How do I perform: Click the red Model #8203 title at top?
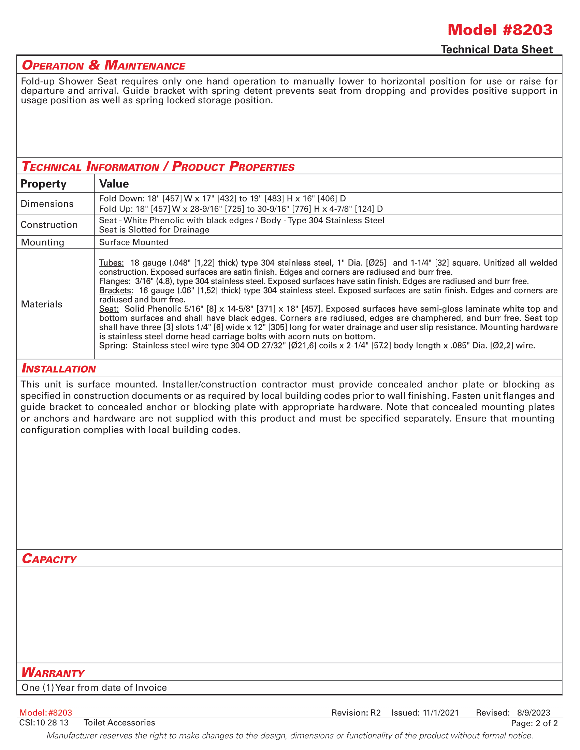(x=500, y=30)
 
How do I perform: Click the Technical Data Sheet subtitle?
(x=496, y=49)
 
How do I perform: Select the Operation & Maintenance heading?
(x=103, y=65)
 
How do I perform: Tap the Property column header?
(x=43, y=184)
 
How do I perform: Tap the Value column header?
(x=114, y=184)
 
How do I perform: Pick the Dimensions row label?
(x=47, y=204)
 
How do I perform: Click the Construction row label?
(x=49, y=225)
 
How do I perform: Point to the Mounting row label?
(x=43, y=242)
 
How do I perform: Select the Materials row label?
(x=42, y=304)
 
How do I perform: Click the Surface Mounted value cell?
(x=134, y=242)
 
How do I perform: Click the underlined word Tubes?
(x=111, y=263)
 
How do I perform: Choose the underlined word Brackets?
(x=116, y=290)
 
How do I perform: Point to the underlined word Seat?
(x=109, y=309)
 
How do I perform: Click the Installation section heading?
(x=59, y=368)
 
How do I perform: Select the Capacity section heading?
(x=49, y=559)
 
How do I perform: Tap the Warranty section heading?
(x=53, y=672)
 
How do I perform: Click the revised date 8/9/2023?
(x=534, y=713)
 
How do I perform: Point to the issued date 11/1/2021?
(x=441, y=713)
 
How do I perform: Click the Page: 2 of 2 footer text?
(x=534, y=723)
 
